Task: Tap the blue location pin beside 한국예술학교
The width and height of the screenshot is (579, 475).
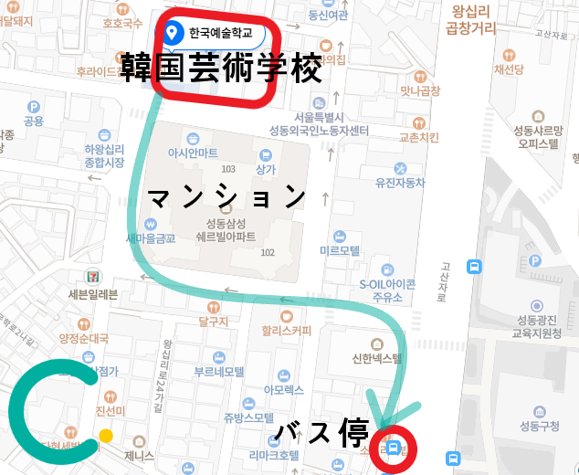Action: point(173,35)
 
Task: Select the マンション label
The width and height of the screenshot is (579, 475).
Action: point(226,196)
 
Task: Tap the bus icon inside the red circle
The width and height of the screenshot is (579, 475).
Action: point(394,448)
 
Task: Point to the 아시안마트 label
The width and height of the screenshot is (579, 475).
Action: point(193,153)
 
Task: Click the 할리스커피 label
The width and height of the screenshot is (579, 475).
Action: point(286,331)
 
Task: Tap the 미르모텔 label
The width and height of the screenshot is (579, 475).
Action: point(340,249)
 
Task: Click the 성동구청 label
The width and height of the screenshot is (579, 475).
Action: point(539,425)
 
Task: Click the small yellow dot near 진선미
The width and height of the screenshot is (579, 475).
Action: point(106,436)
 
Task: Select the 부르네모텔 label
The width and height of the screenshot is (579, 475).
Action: point(218,372)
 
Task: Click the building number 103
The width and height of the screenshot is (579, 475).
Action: point(228,169)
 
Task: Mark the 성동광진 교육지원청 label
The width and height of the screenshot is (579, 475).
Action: point(539,326)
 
